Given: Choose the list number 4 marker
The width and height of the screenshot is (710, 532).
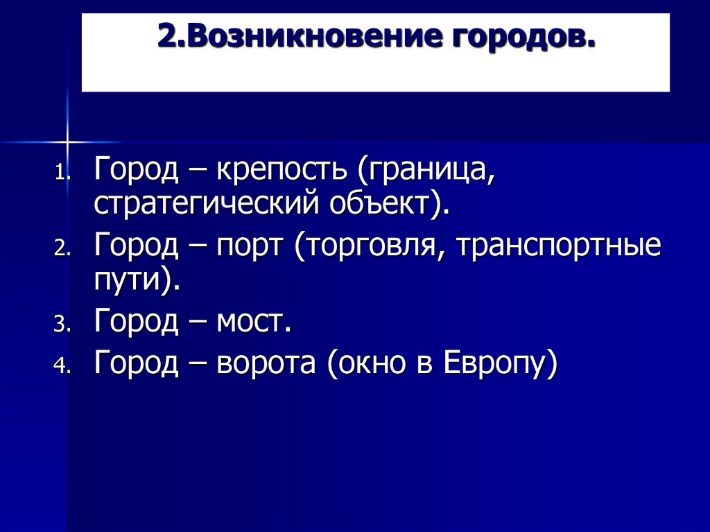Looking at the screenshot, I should pos(62,367).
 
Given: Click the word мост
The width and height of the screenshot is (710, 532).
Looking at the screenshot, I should pos(254,322).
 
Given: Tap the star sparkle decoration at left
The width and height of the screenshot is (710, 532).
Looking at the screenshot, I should pos(68,141).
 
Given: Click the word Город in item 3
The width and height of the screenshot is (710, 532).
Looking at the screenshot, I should pos(137,322).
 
